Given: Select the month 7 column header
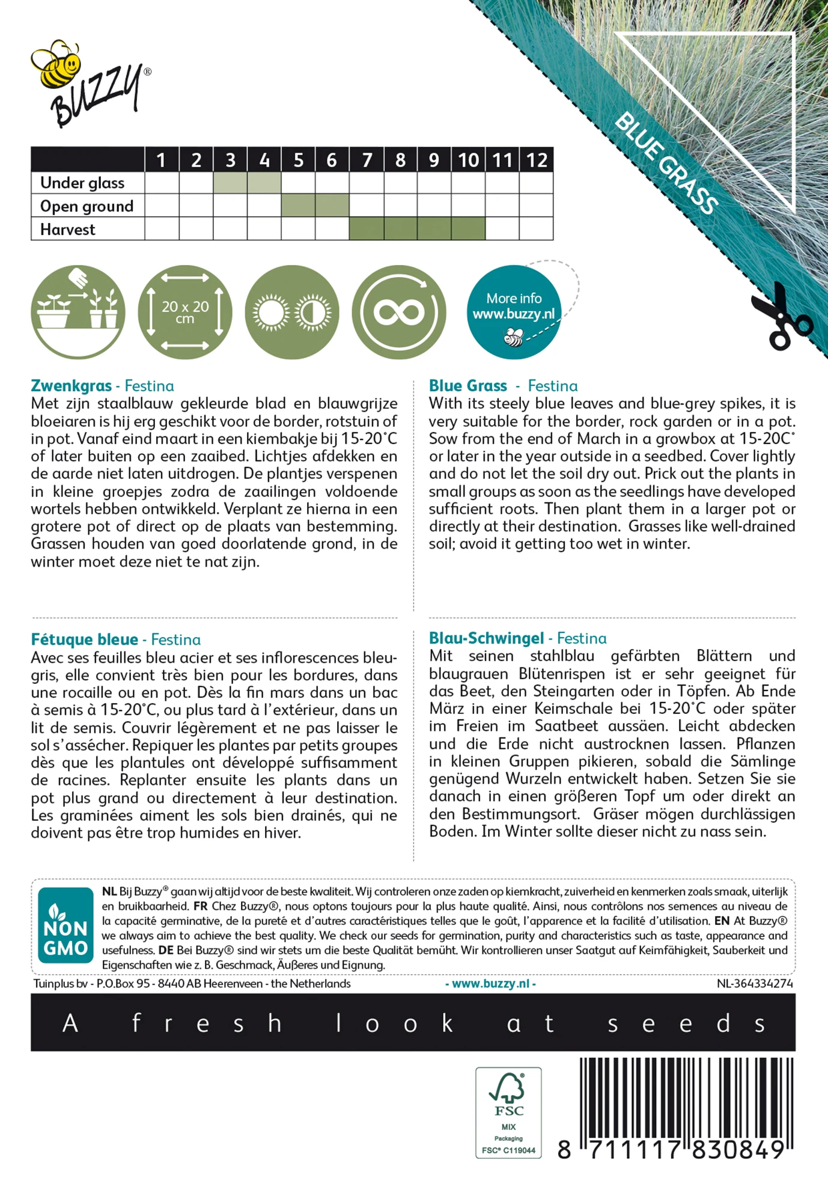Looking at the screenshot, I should click(367, 160).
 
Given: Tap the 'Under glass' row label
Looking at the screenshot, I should click(82, 183).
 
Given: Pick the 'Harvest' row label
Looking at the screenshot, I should click(68, 230).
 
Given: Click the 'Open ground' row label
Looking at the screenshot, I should click(87, 206).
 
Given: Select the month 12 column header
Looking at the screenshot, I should click(537, 160).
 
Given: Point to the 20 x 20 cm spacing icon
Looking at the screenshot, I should click(185, 313).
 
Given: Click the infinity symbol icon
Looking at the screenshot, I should click(399, 313).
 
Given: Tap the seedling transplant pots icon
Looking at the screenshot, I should click(78, 313).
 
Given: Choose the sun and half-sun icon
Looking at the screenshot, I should click(292, 313).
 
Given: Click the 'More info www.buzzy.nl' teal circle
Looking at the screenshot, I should click(514, 313).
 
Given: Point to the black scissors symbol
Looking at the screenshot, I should click(780, 317).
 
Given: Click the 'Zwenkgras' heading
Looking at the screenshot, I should click(72, 386).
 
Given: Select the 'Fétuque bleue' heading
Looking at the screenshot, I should click(85, 639).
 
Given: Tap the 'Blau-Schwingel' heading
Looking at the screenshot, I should click(486, 638).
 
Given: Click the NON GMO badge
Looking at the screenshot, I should click(65, 926).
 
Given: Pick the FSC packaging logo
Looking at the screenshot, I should click(508, 1112).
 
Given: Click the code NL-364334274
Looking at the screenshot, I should click(755, 984).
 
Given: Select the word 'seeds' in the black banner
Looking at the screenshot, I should click(686, 1024).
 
